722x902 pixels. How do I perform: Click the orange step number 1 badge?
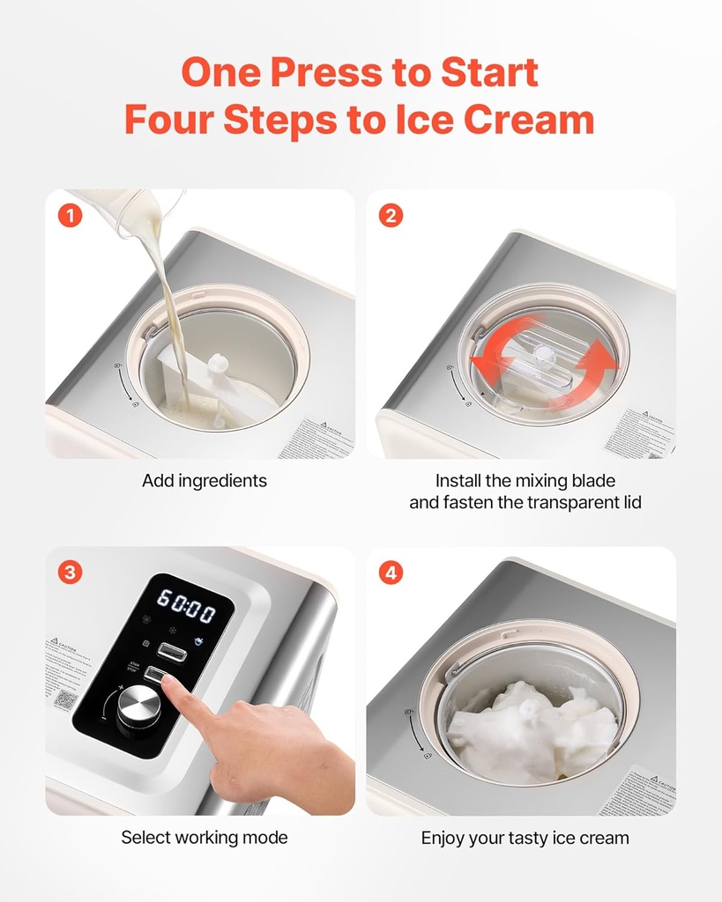point(70,215)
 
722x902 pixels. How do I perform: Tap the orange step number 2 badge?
point(391,215)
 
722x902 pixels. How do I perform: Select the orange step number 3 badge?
point(70,573)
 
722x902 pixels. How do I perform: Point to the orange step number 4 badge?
point(391,573)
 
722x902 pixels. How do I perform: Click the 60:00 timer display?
point(186,606)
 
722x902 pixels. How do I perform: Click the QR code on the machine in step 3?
point(64,700)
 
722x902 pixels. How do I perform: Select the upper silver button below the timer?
point(172,651)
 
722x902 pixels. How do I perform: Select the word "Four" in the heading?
point(168,120)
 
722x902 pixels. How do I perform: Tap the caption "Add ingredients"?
point(205,481)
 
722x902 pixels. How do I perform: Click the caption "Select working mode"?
point(205,838)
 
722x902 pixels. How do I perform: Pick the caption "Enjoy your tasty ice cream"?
point(525,838)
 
